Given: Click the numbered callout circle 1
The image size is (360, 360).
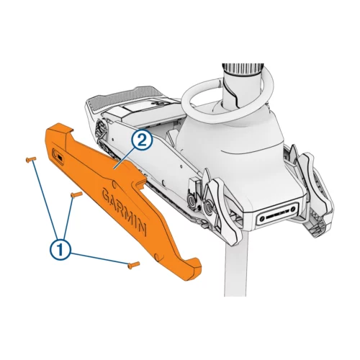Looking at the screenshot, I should point(61,248).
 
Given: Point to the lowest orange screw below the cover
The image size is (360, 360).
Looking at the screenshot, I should point(132,264).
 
